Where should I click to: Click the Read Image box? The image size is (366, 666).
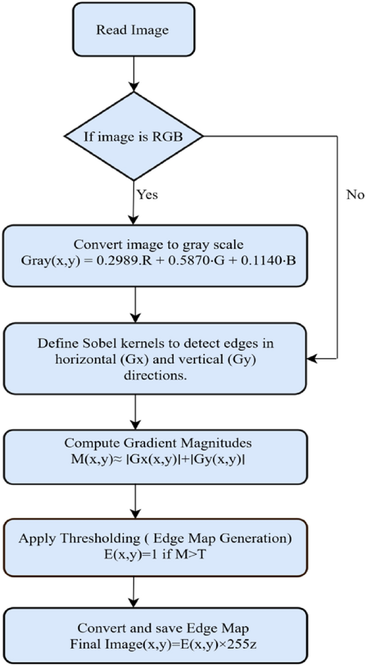pyautogui.click(x=132, y=30)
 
